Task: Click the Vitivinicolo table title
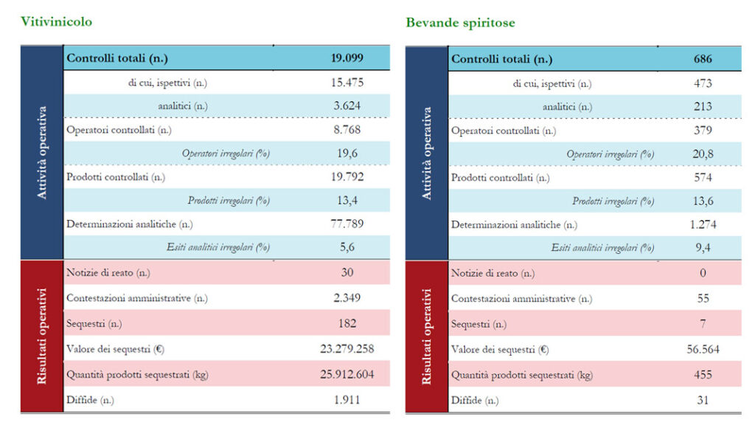click(x=56, y=22)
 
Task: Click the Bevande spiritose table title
click(x=460, y=23)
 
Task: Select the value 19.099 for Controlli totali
click(x=347, y=58)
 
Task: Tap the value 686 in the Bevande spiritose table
click(x=703, y=59)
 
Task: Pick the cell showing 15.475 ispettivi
click(x=347, y=83)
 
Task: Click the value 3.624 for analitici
click(x=347, y=106)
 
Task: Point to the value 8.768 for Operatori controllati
click(x=347, y=130)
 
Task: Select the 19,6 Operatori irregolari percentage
click(x=347, y=153)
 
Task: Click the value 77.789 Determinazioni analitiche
click(x=347, y=224)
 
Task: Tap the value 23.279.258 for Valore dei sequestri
click(x=347, y=350)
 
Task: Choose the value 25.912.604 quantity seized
click(x=347, y=374)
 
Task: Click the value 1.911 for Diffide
click(x=347, y=399)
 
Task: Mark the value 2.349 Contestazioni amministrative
click(x=347, y=298)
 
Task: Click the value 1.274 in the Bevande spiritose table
click(x=703, y=224)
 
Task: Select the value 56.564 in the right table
click(x=703, y=350)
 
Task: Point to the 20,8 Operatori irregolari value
click(x=703, y=154)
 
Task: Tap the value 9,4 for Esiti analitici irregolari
click(x=703, y=249)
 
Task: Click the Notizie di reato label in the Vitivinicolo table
click(x=108, y=273)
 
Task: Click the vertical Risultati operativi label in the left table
click(x=41, y=336)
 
